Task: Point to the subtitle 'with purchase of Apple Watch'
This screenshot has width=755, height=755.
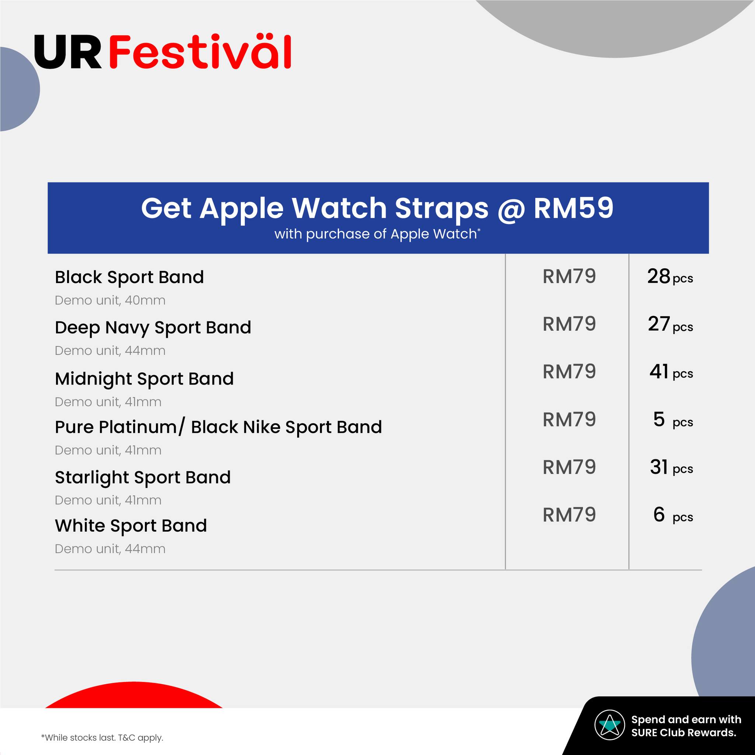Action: point(377,234)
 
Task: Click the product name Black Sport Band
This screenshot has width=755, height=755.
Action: point(129,278)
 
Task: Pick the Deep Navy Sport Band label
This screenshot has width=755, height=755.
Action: point(153,327)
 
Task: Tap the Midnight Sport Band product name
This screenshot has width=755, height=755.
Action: point(144,379)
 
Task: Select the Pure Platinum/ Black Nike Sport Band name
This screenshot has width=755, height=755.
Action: point(219,427)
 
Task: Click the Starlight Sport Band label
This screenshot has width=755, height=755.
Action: point(143,477)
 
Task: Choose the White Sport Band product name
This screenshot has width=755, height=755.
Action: point(131,526)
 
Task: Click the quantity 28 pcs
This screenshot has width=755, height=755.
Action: point(670,277)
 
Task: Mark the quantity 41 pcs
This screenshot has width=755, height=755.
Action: point(671,372)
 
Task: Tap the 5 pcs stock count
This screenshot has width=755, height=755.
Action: point(673,420)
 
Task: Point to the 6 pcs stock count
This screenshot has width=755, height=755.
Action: point(673,515)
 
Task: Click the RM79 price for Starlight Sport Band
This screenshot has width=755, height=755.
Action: point(569,467)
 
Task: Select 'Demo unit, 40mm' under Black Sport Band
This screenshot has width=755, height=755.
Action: point(110,300)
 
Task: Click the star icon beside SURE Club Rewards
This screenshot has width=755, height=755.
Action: point(610,725)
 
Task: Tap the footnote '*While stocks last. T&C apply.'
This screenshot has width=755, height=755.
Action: point(102,738)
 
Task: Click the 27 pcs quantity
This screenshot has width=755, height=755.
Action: point(670,324)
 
